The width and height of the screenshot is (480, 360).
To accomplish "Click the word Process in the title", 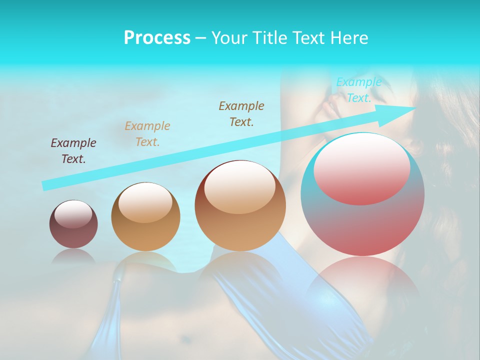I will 157,38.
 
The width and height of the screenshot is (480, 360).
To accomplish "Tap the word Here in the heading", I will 349,38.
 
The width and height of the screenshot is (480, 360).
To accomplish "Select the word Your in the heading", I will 228,38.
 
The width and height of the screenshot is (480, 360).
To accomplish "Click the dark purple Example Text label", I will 73,151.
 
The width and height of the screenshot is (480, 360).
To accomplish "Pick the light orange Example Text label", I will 147,134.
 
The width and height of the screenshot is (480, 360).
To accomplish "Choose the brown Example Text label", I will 241,114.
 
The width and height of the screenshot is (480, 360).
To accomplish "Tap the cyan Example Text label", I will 358,90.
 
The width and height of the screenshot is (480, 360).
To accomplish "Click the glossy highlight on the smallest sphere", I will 73,214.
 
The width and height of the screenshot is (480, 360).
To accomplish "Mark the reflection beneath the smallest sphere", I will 73,256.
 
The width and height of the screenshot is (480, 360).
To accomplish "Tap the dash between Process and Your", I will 200,38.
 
